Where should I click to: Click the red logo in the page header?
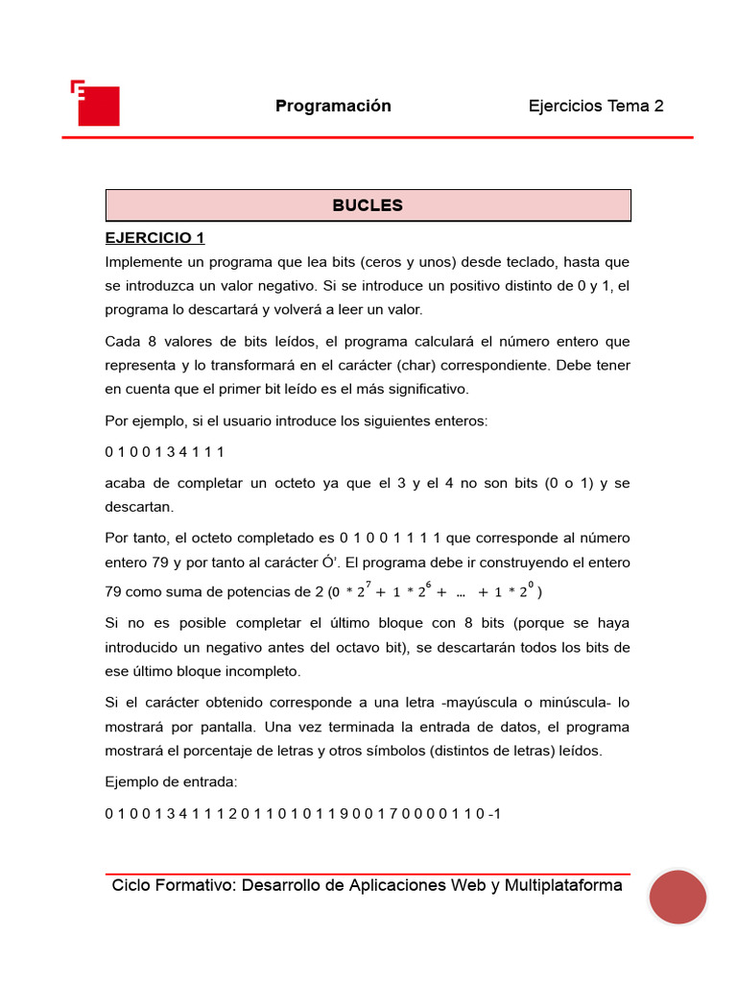95,104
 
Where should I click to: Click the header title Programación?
333,106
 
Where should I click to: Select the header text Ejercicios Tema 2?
595,106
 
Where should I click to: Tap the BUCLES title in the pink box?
368,205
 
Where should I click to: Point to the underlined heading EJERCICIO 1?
155,238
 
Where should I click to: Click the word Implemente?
141,262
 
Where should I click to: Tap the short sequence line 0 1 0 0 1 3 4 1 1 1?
164,451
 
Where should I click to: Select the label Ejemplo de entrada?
170,782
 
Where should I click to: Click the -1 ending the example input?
493,814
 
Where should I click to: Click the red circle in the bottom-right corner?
678,898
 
